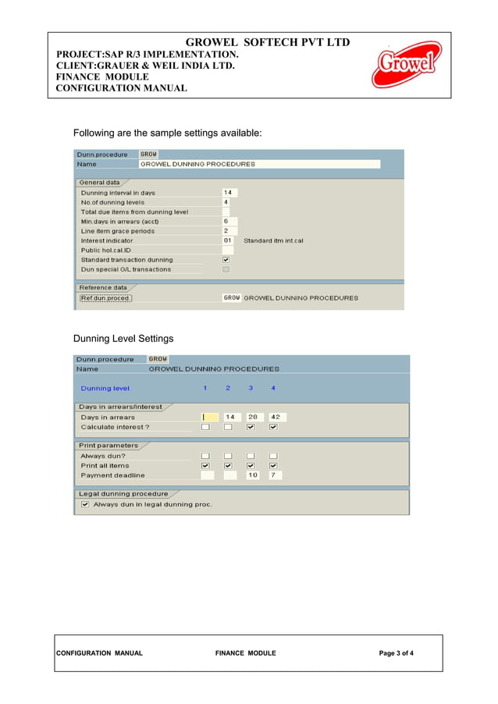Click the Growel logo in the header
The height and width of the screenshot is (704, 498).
tap(406, 65)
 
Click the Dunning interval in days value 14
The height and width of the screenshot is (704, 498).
tap(229, 193)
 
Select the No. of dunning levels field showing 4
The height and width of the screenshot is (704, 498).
tap(226, 202)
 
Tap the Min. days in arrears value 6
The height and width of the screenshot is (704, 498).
tap(226, 222)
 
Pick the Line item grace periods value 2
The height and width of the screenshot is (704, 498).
tap(226, 231)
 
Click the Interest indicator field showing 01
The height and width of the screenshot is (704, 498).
tap(228, 240)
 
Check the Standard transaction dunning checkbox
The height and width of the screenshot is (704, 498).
tap(226, 260)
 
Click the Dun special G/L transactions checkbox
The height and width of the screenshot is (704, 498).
tap(226, 269)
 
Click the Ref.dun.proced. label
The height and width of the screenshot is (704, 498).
tap(105, 298)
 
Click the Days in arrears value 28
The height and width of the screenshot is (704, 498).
tap(252, 417)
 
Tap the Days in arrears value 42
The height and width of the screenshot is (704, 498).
tap(275, 417)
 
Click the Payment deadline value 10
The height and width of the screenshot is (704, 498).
tap(252, 475)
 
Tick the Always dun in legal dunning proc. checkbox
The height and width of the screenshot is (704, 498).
tap(85, 504)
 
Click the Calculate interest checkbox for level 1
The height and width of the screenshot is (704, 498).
tap(205, 427)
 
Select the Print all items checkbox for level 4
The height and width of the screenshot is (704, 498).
tap(273, 465)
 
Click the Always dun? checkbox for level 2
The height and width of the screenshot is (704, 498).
tap(228, 456)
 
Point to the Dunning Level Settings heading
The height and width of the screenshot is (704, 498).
tap(123, 339)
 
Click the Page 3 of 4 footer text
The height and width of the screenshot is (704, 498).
tap(397, 653)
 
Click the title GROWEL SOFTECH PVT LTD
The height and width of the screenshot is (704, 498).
tap(267, 42)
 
